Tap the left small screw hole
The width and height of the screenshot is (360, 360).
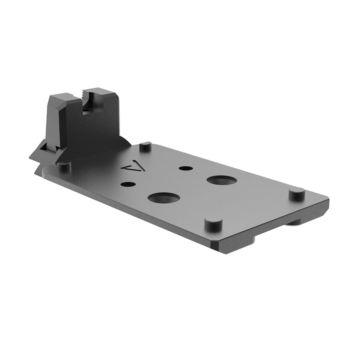pyautogui.click(x=127, y=184)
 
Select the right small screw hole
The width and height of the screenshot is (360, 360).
pyautogui.click(x=183, y=168)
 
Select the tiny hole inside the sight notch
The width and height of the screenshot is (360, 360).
pyautogui.click(x=85, y=112)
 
